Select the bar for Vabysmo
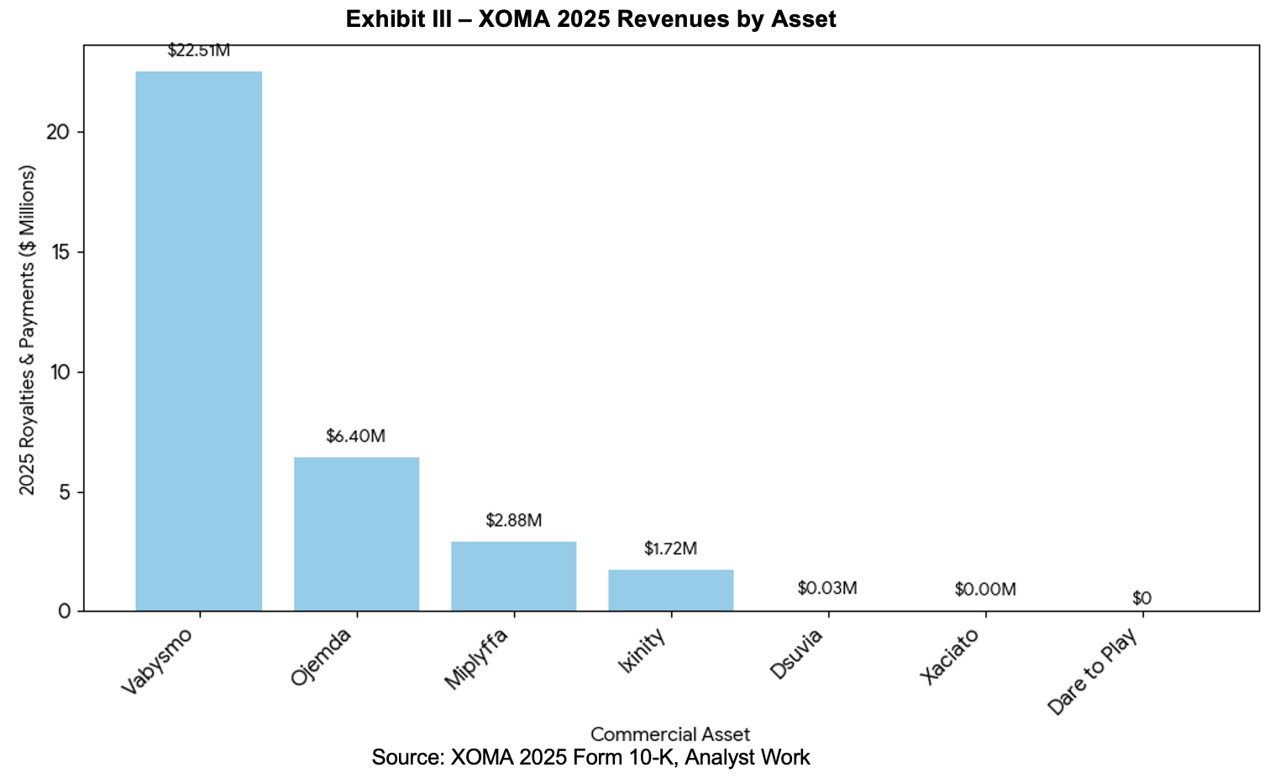point(198,341)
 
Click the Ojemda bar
point(356,534)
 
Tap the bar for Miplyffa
point(513,576)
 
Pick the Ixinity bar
point(670,590)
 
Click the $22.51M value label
point(198,50)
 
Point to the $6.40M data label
point(356,436)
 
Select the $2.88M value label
point(513,520)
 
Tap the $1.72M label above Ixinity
point(670,549)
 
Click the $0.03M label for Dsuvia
point(827,587)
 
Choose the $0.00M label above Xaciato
point(985,589)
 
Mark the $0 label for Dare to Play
point(1141,598)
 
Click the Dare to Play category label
point(1094,672)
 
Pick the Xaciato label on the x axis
point(949,658)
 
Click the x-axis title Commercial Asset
point(670,734)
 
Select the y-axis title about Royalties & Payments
point(28,330)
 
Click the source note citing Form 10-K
point(590,757)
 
